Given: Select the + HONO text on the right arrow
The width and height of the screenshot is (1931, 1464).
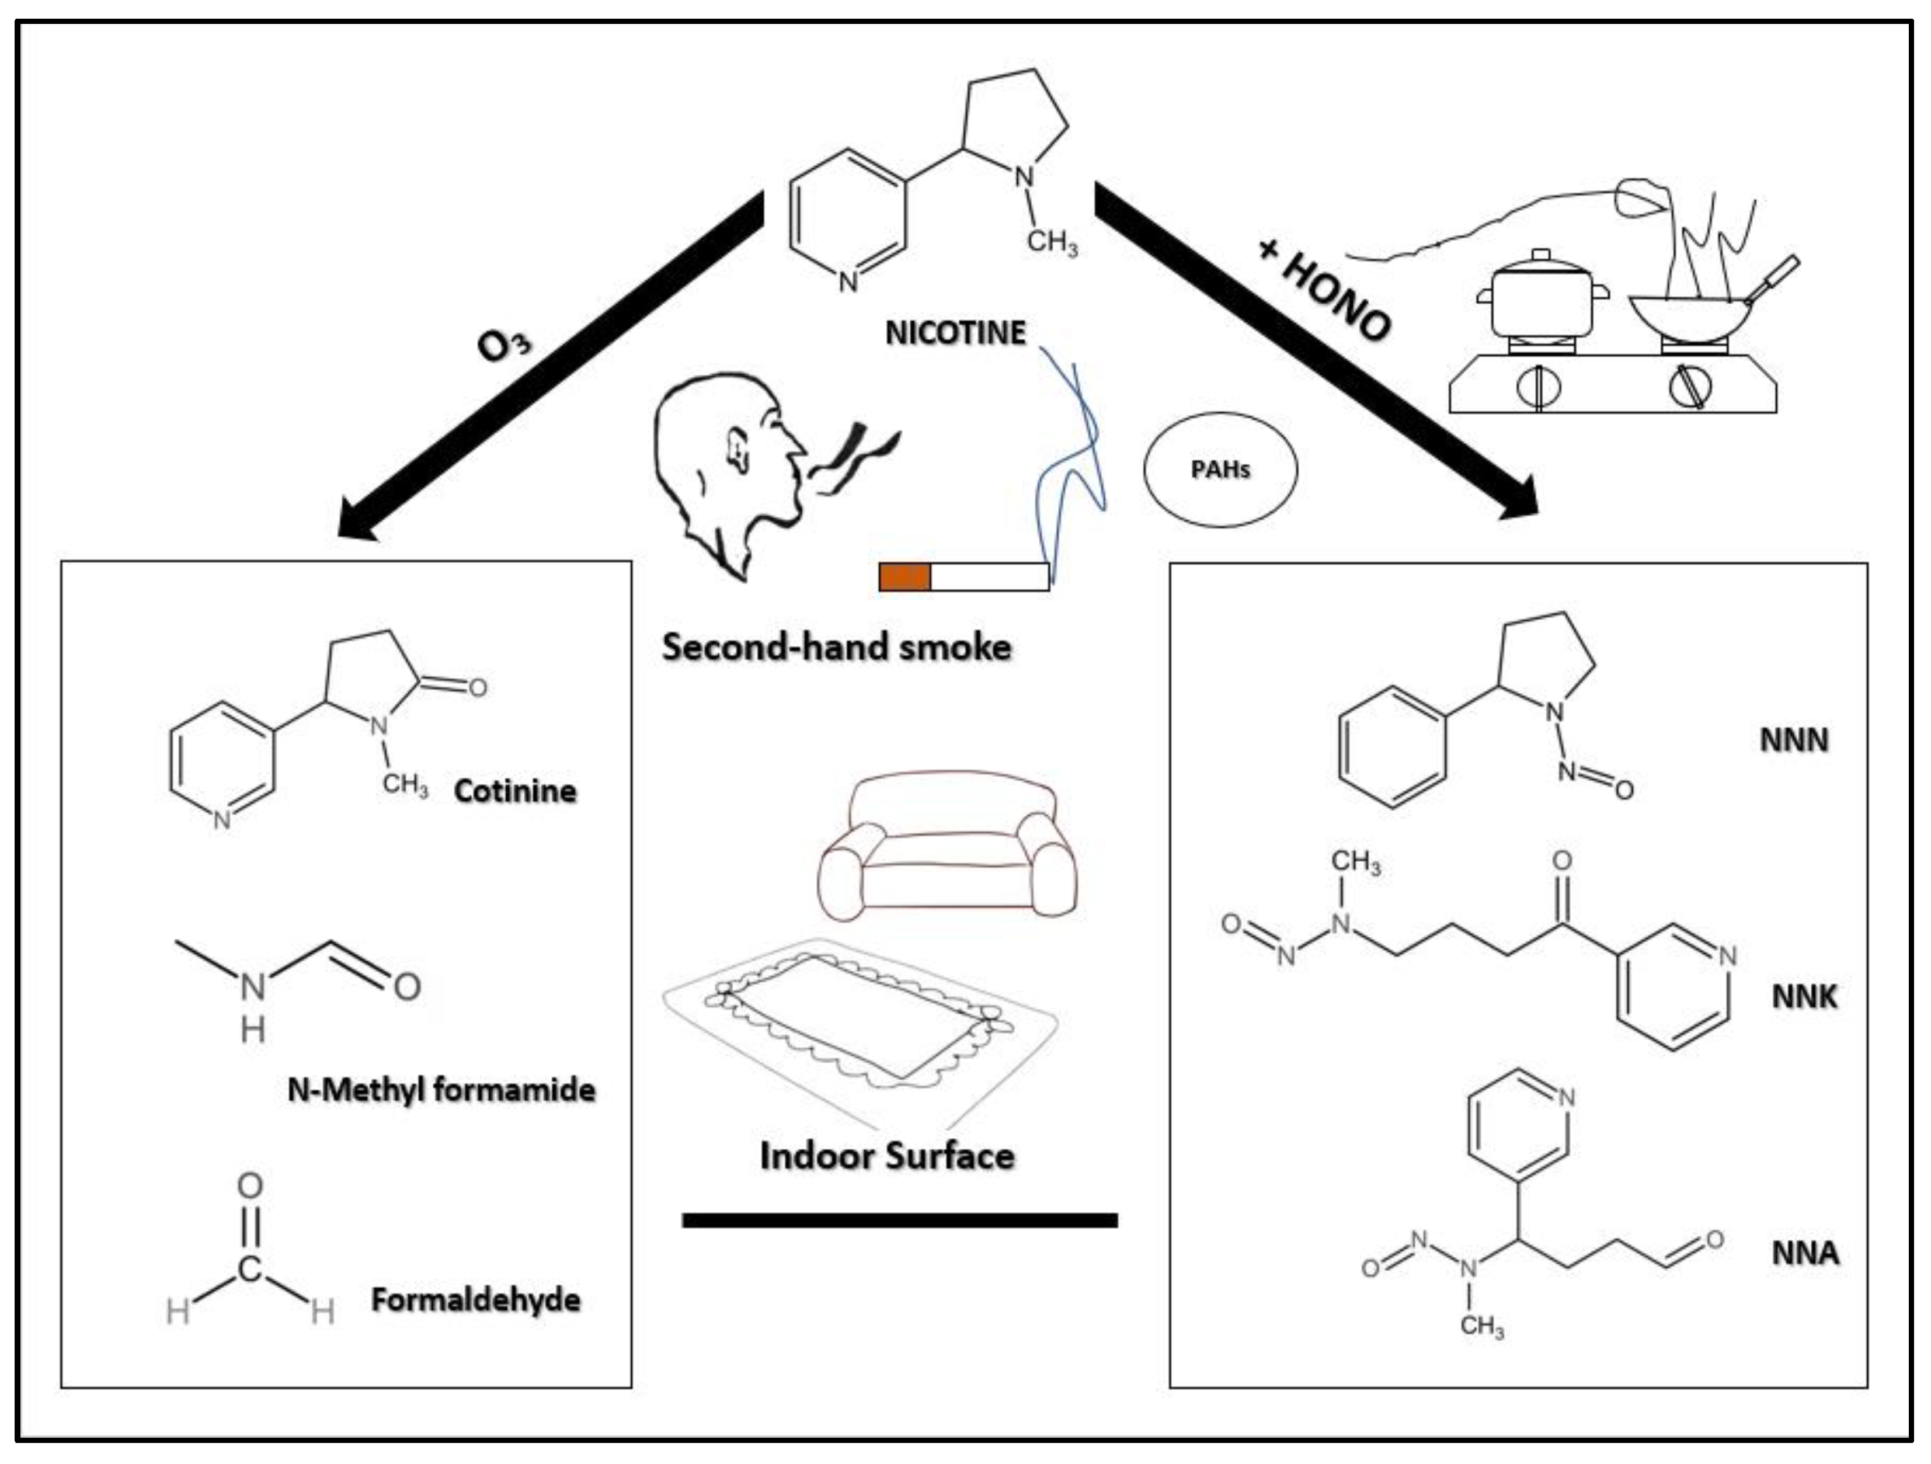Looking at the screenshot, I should point(1324,289).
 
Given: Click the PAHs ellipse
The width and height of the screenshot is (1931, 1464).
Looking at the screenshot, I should point(1220,469).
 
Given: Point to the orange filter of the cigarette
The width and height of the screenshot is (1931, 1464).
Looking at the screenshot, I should point(904,577).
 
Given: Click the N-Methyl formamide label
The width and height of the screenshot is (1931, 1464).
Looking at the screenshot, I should point(441,1090).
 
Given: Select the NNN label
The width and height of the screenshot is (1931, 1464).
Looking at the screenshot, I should point(1793,740).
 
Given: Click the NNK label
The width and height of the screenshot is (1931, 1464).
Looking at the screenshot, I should point(1804,996).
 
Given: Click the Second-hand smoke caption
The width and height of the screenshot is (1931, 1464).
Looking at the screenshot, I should point(836,647).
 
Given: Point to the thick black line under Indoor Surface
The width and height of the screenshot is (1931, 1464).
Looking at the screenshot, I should point(899,1219).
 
